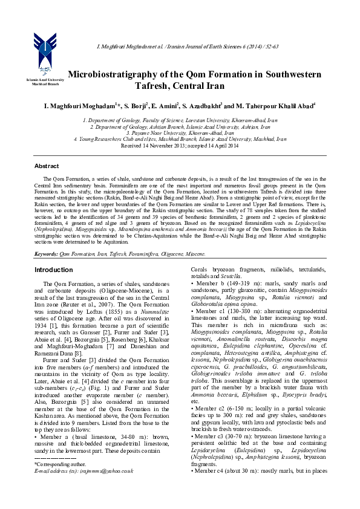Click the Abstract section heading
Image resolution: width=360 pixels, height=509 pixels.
[x=47, y=166]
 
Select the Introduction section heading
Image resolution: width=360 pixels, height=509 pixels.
[x=53, y=269]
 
